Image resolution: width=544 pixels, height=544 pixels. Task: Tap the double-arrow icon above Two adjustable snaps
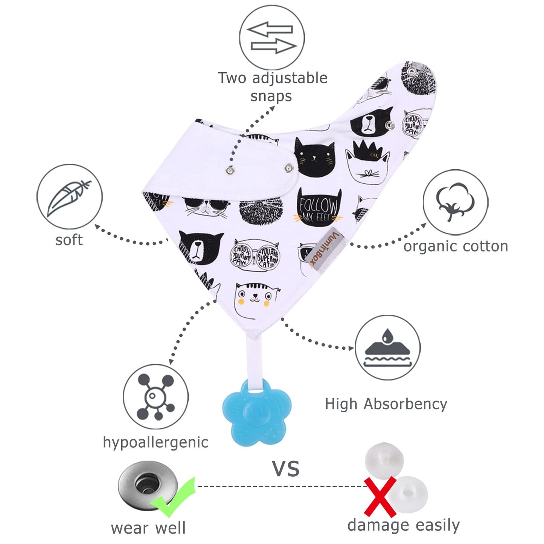[272, 38]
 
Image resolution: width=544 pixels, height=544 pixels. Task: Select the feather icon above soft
[69, 197]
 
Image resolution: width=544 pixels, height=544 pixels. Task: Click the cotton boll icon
[455, 202]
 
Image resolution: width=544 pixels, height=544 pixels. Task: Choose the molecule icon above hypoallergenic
[155, 396]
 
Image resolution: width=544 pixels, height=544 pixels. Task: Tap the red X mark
[380, 496]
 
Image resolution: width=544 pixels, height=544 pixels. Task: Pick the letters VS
[286, 469]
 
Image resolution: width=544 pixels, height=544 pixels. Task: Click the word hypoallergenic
[155, 443]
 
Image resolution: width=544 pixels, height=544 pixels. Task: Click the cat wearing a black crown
[367, 163]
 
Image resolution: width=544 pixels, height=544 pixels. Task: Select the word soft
[69, 240]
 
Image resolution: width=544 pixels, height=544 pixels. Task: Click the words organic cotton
[456, 246]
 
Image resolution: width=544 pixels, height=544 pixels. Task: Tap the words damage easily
[403, 525]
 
